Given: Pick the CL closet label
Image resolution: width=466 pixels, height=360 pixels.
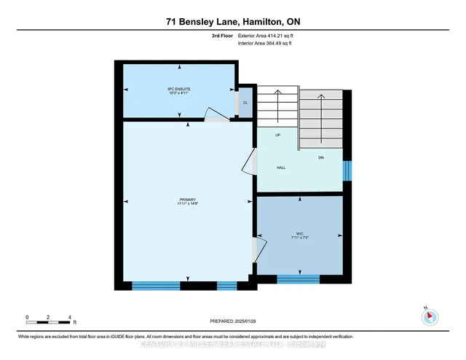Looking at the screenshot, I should click(x=245, y=103).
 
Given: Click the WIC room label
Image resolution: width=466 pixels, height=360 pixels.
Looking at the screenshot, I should click(x=299, y=235).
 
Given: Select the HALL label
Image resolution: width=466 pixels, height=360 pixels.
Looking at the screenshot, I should click(x=281, y=168).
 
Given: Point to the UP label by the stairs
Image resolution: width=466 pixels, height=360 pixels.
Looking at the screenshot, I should click(x=278, y=136).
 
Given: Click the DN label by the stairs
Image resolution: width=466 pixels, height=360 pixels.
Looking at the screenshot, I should click(x=320, y=158).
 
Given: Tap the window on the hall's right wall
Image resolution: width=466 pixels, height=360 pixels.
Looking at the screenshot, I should click(x=347, y=171).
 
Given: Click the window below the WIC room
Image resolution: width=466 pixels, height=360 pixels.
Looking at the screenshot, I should click(x=298, y=278).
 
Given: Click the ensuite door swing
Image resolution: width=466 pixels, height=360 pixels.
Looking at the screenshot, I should click(x=213, y=115).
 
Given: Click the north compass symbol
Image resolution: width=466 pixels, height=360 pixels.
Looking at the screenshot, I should click(x=430, y=317).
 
